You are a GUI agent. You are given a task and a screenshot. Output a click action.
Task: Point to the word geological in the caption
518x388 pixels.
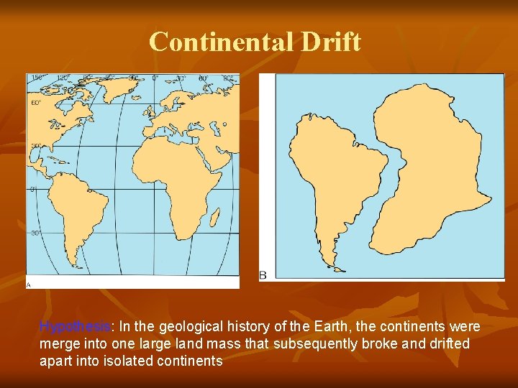coord(188,327)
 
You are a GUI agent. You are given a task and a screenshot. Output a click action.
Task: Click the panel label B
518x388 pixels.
coord(263,275)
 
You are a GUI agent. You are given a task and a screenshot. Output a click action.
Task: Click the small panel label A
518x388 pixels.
coord(29,285)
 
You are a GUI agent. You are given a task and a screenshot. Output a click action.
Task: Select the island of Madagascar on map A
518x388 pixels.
coord(215,216)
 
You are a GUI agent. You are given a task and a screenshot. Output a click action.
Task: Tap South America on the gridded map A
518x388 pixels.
coord(76,208)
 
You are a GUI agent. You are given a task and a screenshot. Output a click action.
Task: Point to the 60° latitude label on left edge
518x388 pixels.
coord(35,103)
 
